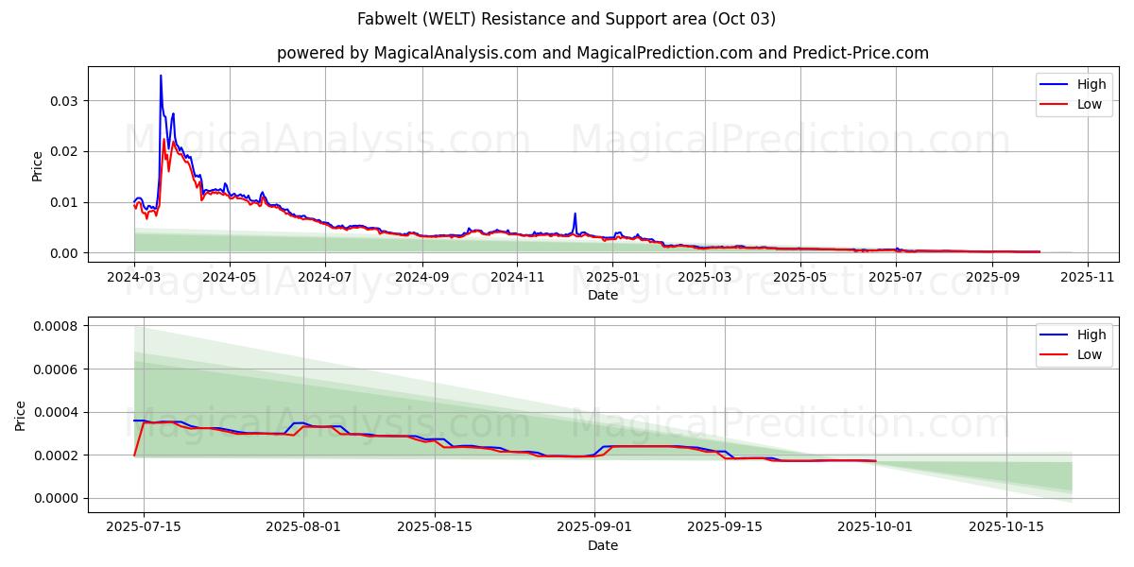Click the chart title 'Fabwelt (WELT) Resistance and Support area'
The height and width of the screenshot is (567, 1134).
click(x=566, y=19)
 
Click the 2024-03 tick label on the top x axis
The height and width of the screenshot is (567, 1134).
click(x=134, y=278)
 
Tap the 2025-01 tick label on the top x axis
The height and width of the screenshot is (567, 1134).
click(x=612, y=278)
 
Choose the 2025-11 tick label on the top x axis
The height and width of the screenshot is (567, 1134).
click(x=1088, y=278)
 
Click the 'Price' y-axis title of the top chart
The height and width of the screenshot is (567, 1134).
click(x=38, y=165)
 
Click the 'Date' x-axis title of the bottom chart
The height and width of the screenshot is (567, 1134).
click(x=602, y=545)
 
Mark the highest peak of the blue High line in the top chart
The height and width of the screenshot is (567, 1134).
click(x=161, y=76)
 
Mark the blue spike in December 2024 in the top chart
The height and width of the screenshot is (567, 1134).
click(x=575, y=214)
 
